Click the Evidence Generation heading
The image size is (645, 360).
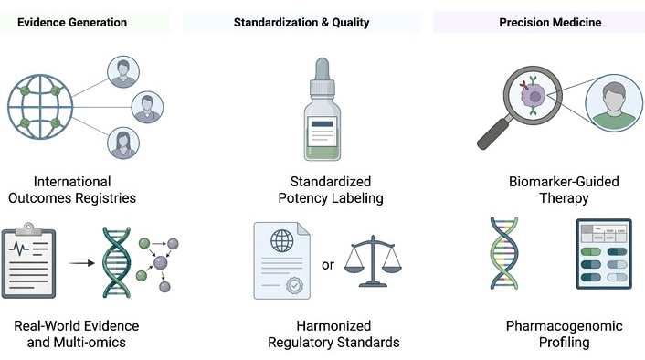click(72, 22)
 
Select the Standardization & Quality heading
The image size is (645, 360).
click(301, 22)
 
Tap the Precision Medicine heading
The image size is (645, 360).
click(550, 22)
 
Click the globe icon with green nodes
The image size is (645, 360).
click(40, 107)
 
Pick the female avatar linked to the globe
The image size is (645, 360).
click(123, 143)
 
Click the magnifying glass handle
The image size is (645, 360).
click(494, 132)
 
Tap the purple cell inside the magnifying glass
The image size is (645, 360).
click(534, 97)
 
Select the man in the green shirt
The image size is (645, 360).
click(614, 103)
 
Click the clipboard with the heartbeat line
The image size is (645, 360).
click(28, 260)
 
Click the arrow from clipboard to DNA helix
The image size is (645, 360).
click(81, 263)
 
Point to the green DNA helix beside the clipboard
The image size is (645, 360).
click(116, 262)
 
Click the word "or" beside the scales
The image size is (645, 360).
click(328, 265)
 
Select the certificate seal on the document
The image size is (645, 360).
click(294, 285)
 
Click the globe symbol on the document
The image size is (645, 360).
click(282, 240)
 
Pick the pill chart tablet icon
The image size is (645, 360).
click(604, 254)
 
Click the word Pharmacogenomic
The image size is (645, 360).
click(564, 326)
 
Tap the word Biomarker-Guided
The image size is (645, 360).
click(564, 182)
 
